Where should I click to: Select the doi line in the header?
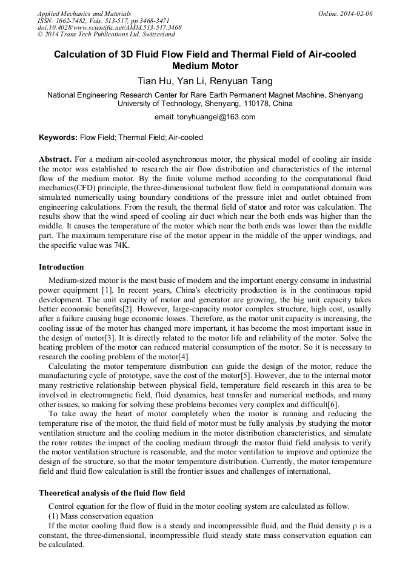click(109, 28)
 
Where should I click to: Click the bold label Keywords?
click(58, 138)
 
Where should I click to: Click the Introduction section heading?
click(61, 267)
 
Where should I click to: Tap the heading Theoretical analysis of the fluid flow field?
click(112, 493)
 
